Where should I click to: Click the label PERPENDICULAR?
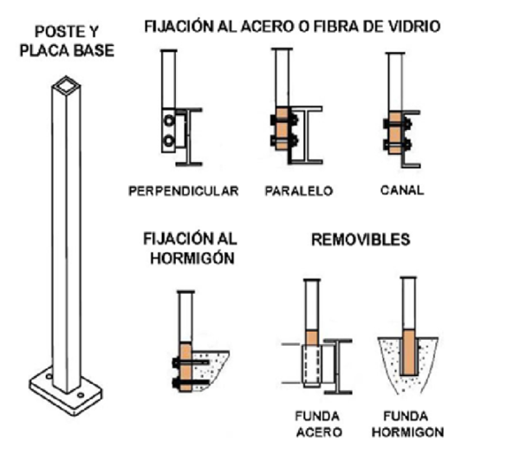pyautogui.click(x=182, y=191)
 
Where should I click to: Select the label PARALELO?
pyautogui.click(x=299, y=191)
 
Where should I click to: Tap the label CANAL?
pyautogui.click(x=402, y=191)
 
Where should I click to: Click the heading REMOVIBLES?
pyautogui.click(x=360, y=239)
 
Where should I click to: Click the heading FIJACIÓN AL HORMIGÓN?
pyautogui.click(x=190, y=247)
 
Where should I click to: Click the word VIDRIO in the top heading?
pyautogui.click(x=413, y=27)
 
